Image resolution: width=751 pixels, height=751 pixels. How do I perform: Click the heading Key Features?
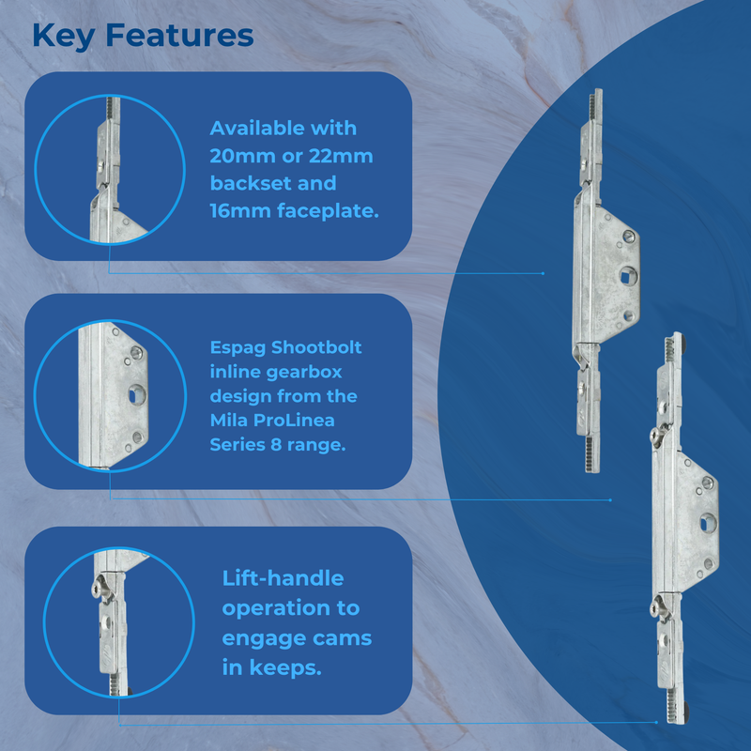click(143, 35)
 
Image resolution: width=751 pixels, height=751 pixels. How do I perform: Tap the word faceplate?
click(329, 211)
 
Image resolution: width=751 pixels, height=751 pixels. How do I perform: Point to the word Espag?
click(237, 347)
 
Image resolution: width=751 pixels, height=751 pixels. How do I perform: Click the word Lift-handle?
click(283, 578)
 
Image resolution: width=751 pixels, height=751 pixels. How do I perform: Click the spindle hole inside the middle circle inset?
click(130, 397)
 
